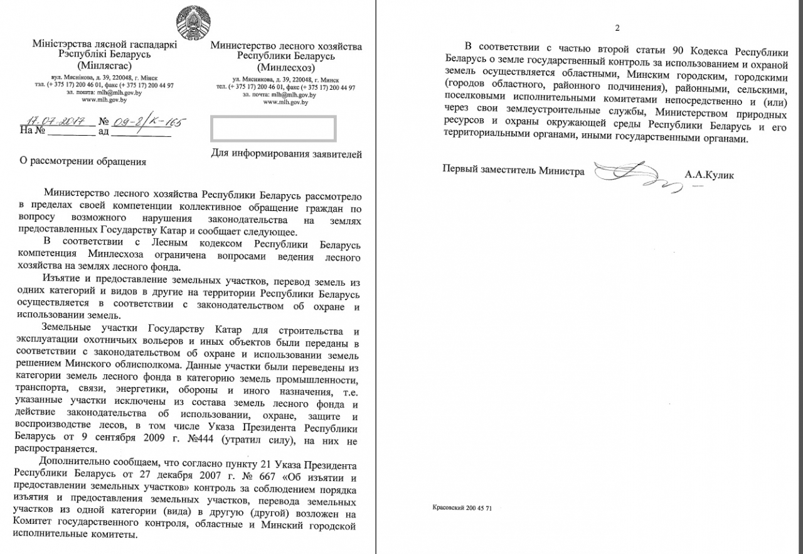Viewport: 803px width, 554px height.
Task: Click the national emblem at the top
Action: click(194, 23)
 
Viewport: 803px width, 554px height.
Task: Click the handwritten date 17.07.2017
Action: click(56, 121)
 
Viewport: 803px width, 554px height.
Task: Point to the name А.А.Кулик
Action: click(709, 175)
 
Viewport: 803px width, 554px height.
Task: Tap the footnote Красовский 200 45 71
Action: click(462, 508)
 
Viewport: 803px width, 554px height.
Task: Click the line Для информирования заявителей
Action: click(287, 153)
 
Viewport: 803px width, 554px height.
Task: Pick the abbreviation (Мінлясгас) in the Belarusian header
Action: click(104, 65)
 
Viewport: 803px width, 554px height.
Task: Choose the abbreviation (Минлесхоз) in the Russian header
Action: click(286, 67)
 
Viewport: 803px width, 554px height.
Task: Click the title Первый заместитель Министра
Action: click(513, 171)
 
